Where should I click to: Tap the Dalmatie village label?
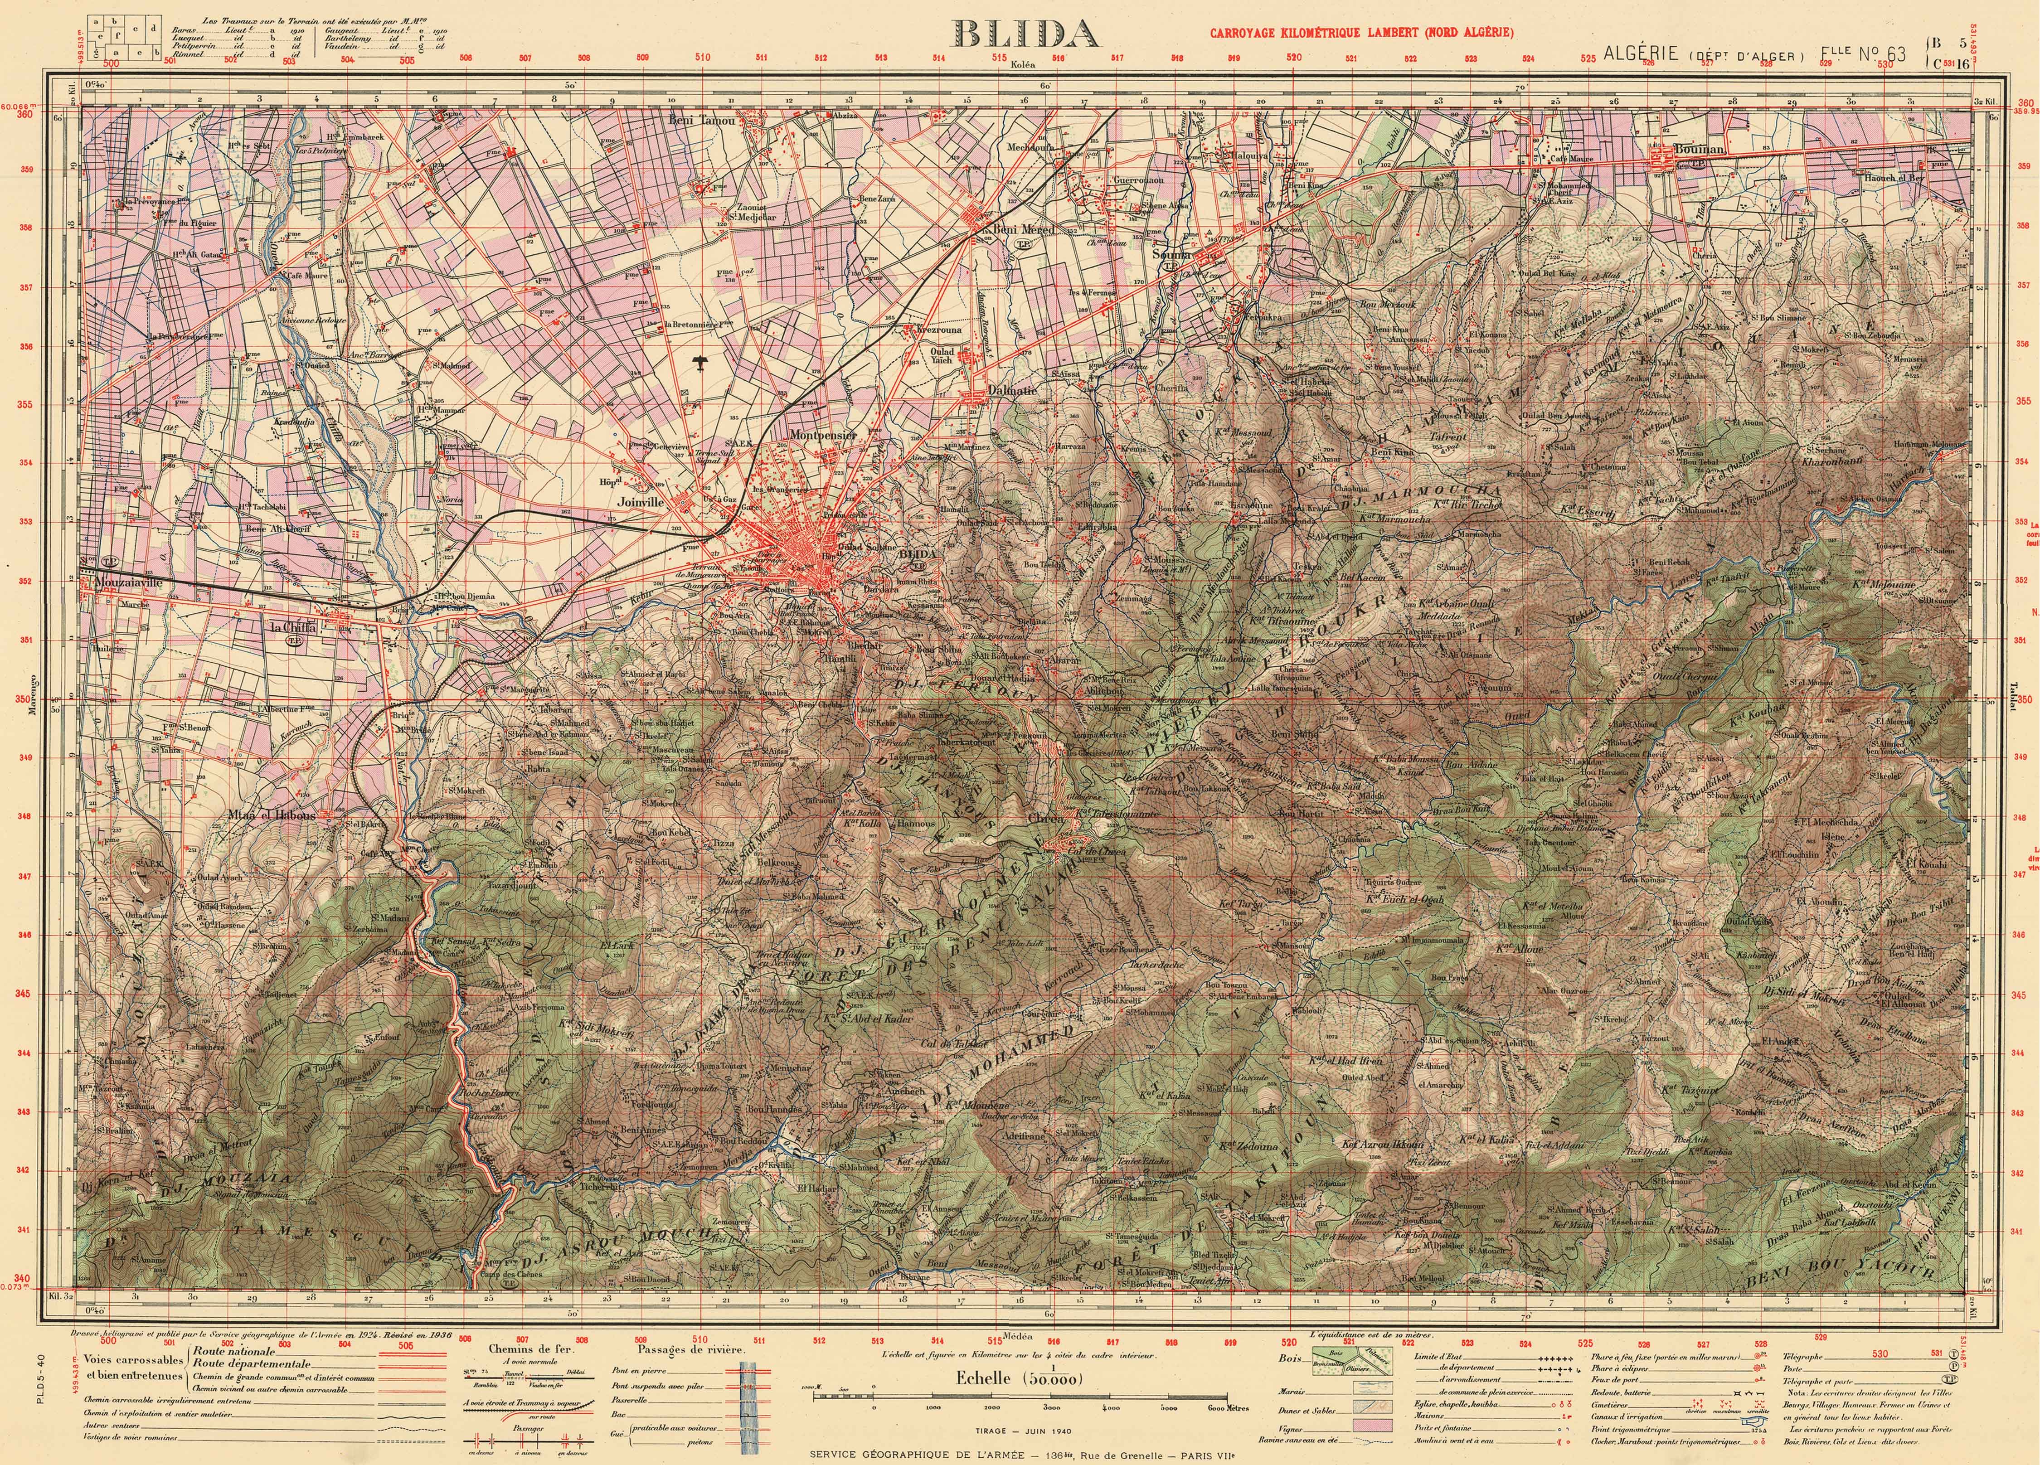pyautogui.click(x=987, y=390)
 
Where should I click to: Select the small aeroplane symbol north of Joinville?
pyautogui.click(x=699, y=362)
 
